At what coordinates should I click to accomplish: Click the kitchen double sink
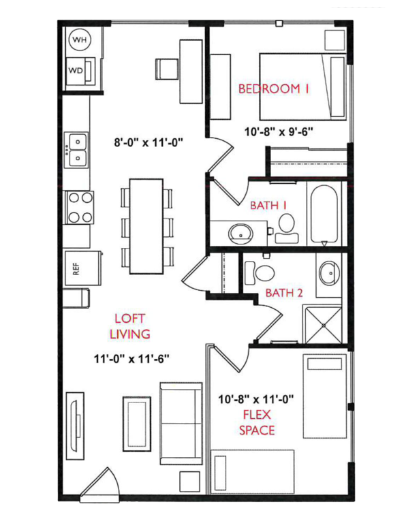tap(76, 150)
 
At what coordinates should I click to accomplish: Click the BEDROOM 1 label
tap(274, 89)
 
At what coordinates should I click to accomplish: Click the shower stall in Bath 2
tap(324, 324)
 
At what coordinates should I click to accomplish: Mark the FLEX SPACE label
tap(256, 422)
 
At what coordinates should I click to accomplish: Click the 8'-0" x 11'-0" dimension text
tap(149, 142)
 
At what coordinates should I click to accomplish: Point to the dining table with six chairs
tap(146, 226)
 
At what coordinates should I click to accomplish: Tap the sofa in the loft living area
tap(181, 422)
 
